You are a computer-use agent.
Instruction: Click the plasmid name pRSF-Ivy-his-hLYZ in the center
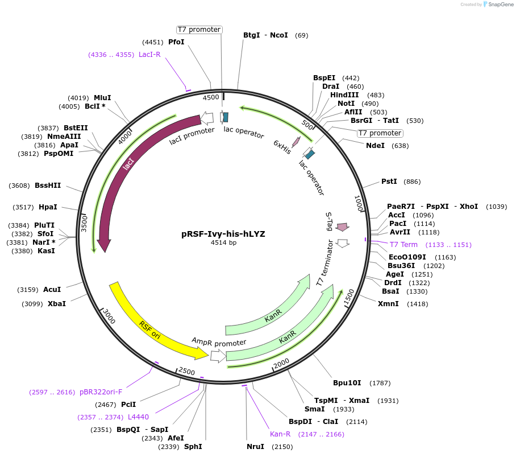223,233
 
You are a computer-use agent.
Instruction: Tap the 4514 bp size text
223,242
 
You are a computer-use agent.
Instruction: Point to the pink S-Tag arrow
342,227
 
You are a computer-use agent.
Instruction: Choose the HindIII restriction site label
344,95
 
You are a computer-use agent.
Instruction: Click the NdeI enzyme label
375,146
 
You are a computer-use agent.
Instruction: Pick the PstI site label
389,182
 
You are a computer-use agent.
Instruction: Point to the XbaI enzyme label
57,304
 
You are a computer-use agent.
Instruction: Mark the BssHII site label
48,186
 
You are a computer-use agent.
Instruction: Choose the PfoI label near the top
177,42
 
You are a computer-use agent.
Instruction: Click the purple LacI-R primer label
149,55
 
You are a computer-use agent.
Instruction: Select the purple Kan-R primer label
280,434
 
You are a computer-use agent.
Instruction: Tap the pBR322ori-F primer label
101,392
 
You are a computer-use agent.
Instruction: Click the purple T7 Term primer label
403,245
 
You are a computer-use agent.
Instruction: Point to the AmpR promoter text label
219,341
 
